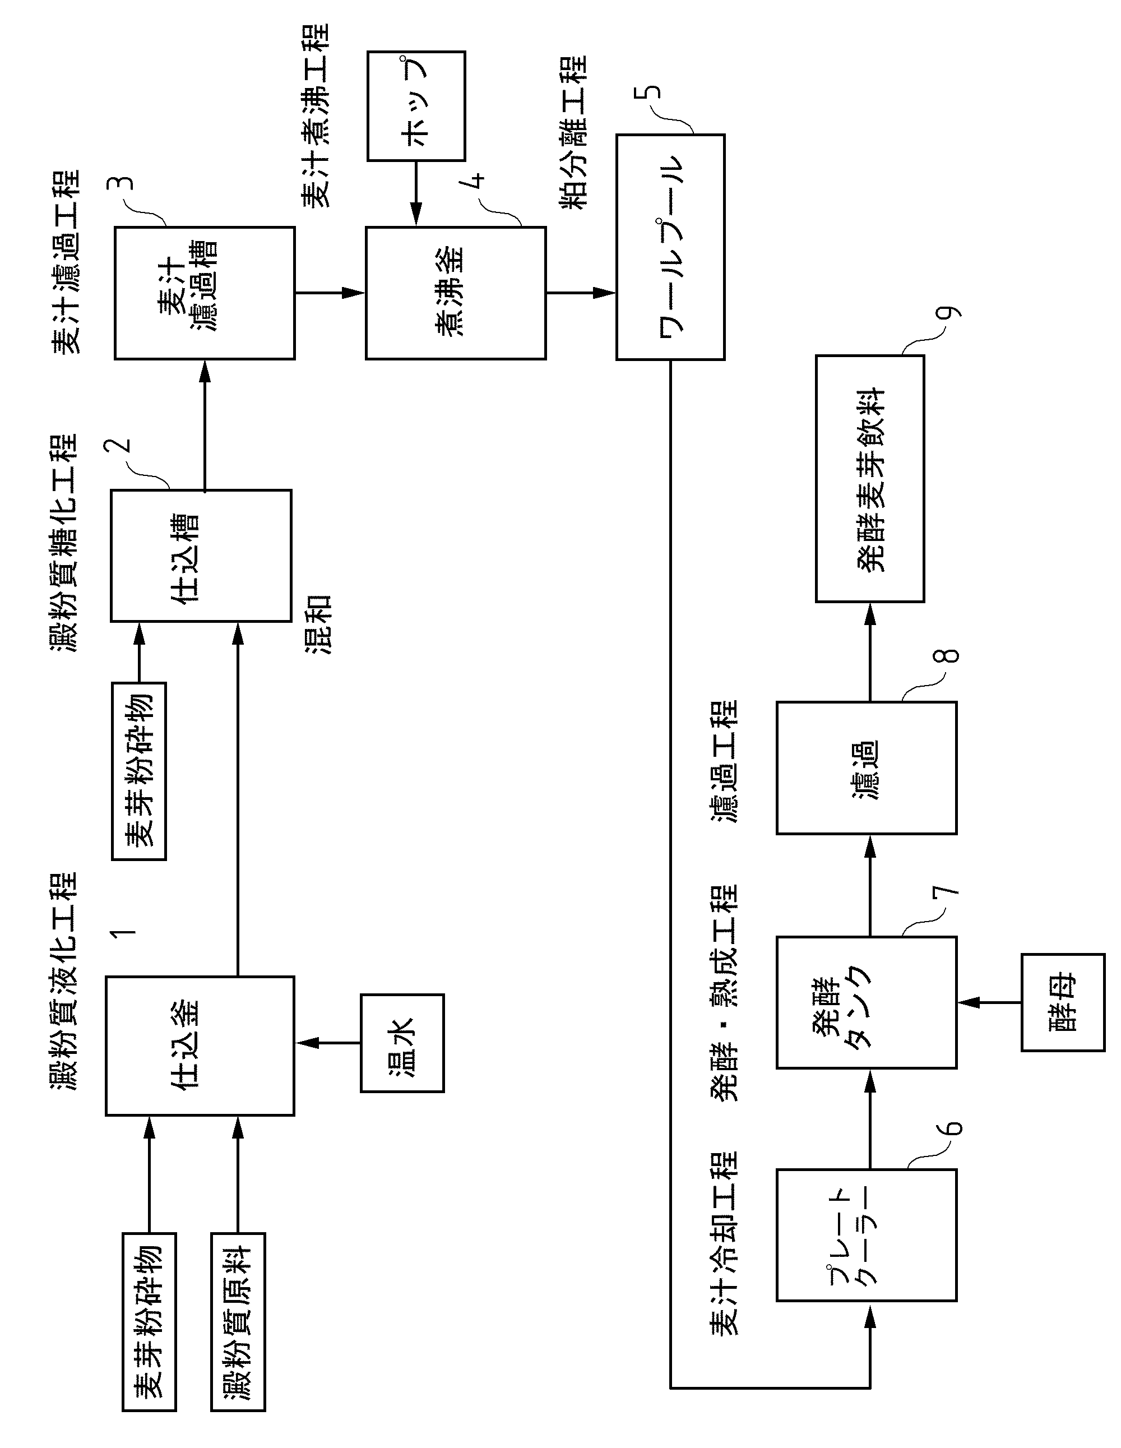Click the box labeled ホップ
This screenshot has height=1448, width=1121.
tap(416, 106)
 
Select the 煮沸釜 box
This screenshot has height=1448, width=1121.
tap(456, 293)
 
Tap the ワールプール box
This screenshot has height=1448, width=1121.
tap(670, 247)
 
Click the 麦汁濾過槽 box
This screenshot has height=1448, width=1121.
tap(204, 293)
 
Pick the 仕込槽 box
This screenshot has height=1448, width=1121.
tap(201, 556)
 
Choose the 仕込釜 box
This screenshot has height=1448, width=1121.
tap(200, 1045)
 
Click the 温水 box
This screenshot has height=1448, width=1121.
tap(402, 1043)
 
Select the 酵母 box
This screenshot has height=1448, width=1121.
tap(1063, 1002)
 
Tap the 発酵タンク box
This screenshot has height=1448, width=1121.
tap(867, 1002)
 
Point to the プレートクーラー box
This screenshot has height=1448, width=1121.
tap(867, 1235)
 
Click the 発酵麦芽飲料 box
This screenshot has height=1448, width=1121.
tap(870, 479)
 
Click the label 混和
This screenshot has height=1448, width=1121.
tap(318, 624)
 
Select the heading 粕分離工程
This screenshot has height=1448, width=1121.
tap(574, 133)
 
